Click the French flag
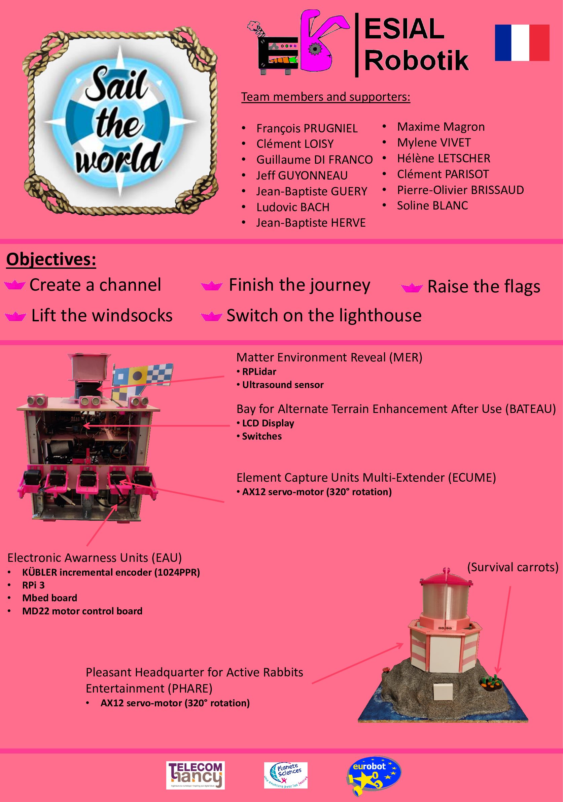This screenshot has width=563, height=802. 522,43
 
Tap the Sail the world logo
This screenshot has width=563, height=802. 120,122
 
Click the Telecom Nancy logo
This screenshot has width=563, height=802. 195,775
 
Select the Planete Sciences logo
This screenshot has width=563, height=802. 285,775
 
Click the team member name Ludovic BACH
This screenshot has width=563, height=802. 293,207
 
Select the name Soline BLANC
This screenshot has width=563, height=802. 432,205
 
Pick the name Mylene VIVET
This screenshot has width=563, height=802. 434,142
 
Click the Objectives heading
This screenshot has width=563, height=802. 51,260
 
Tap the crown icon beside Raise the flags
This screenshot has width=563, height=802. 412,287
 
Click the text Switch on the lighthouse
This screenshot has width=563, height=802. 324,315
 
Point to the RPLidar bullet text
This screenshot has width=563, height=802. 259,372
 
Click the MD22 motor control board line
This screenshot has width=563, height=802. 82,611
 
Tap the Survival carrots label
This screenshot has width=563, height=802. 513,567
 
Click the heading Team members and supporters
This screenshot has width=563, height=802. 326,97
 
